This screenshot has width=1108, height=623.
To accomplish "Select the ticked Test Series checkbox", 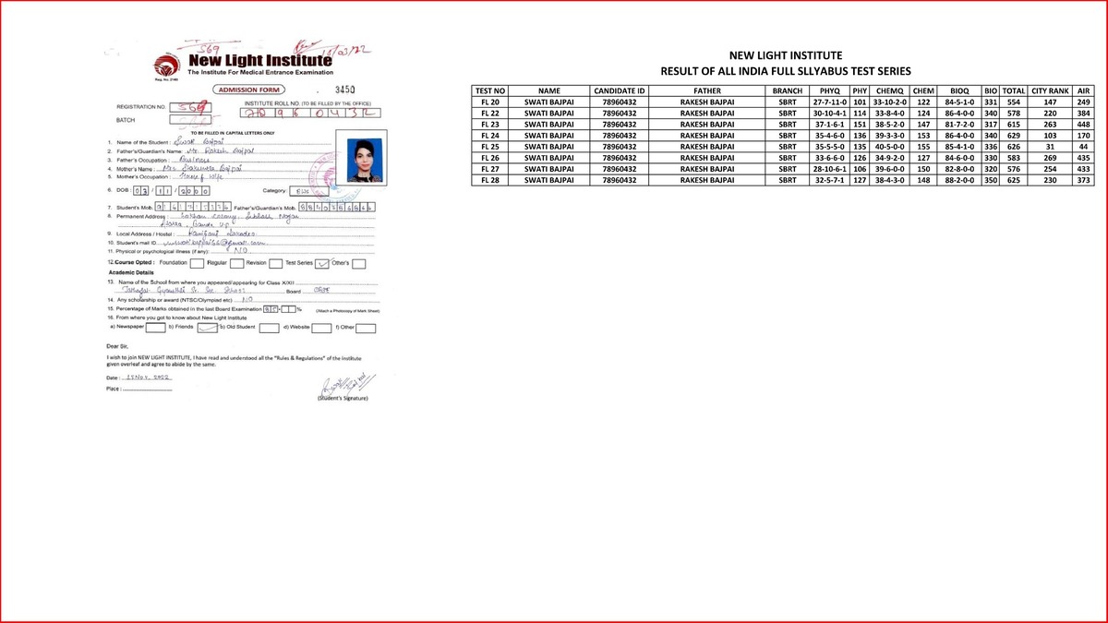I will coord(323,263).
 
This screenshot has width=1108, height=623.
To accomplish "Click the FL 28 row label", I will coord(489,180).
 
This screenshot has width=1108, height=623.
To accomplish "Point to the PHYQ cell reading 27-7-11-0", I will coord(828,102).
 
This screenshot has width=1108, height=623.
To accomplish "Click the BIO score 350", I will coord(992,180).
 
